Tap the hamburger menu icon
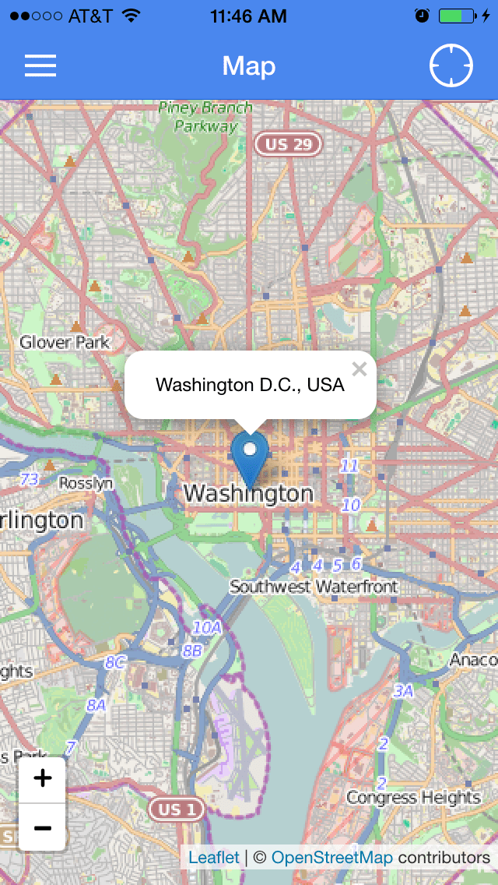tap(40, 65)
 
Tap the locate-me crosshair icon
tap(451, 65)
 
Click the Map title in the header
tap(249, 66)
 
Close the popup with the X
tap(359, 369)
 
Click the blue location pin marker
tap(250, 456)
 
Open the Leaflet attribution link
tap(214, 857)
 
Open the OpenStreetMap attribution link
tap(332, 857)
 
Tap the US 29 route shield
tap(289, 144)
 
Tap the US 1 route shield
tap(177, 809)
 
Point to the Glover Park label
tap(65, 342)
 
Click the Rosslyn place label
tap(86, 483)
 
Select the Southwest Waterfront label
tap(314, 587)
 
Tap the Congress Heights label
tap(413, 797)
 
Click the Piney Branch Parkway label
tap(205, 116)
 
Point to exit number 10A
tap(207, 627)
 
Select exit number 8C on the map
tap(115, 662)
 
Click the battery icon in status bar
tap(457, 16)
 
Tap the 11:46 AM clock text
tap(248, 16)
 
